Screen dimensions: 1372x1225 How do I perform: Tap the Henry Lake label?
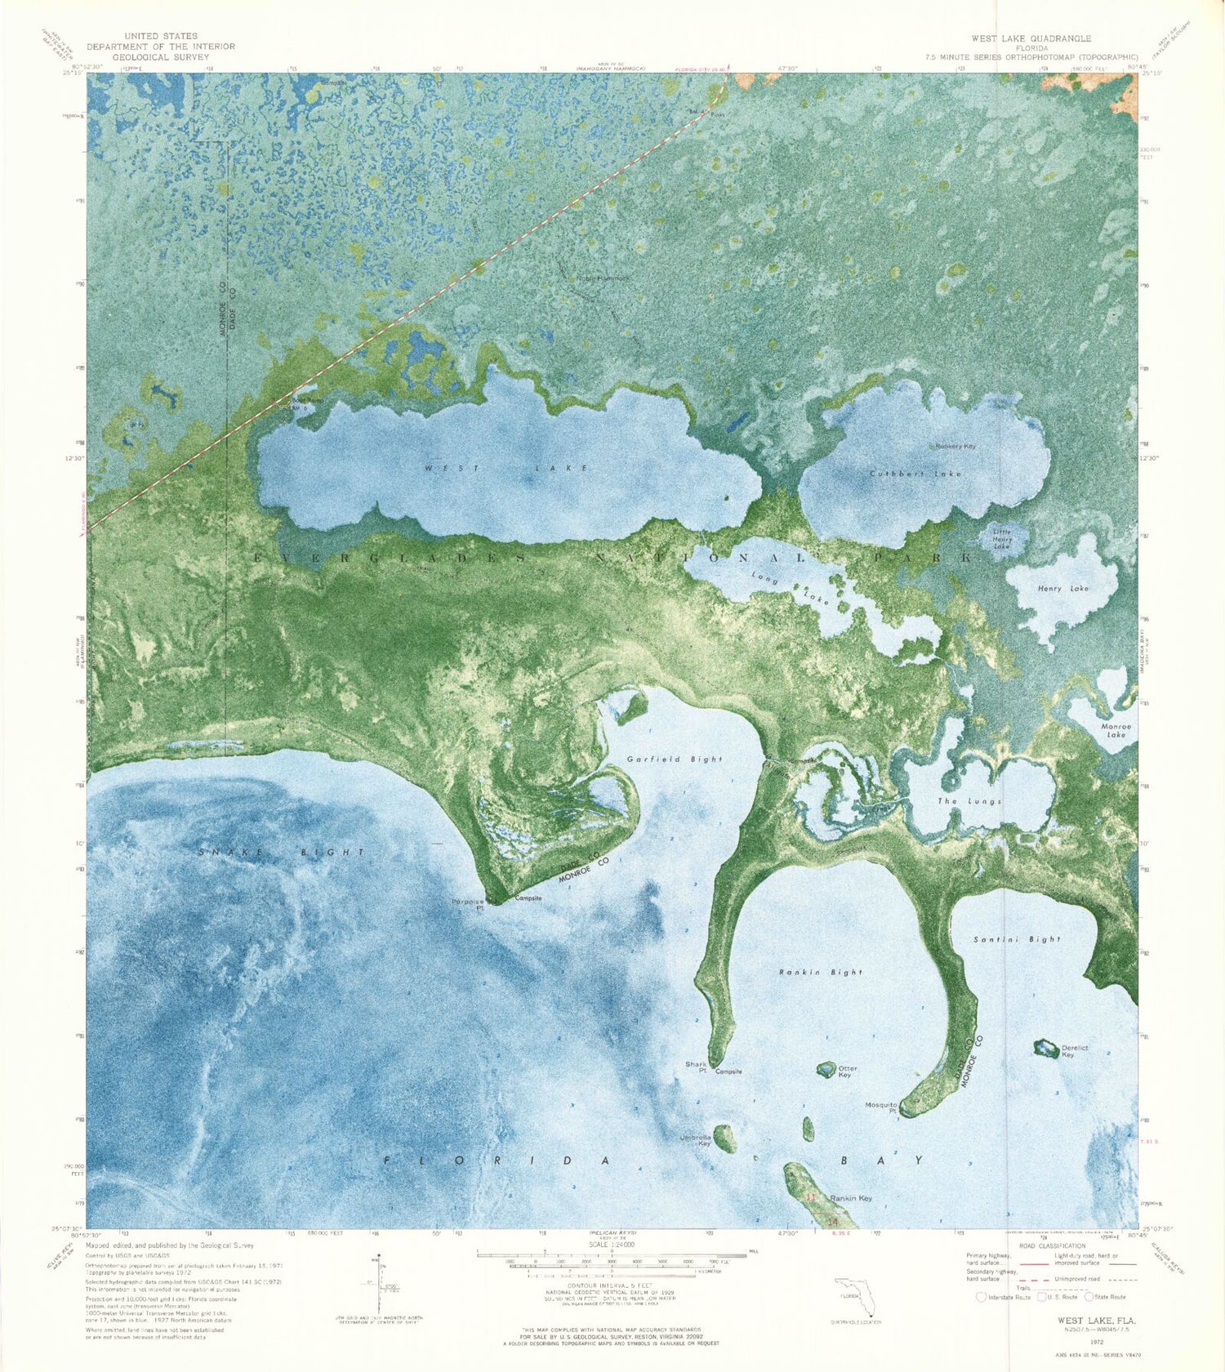point(1062,588)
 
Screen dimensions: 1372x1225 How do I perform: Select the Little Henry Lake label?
point(1002,539)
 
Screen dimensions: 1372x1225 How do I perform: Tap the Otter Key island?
point(826,1069)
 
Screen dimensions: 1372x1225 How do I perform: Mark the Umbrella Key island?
point(724,1138)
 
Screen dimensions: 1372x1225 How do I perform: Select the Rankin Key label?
point(850,1198)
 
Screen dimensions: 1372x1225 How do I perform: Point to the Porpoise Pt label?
point(468,904)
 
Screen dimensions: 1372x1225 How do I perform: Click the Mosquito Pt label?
point(881,1107)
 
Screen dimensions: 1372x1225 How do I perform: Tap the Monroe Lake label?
point(1116,730)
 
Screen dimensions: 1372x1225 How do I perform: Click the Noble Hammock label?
point(603,278)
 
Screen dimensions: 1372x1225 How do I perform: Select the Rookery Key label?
point(955,447)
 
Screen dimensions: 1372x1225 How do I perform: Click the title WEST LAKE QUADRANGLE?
point(1031,38)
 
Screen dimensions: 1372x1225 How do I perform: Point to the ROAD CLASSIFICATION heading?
point(1052,1245)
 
